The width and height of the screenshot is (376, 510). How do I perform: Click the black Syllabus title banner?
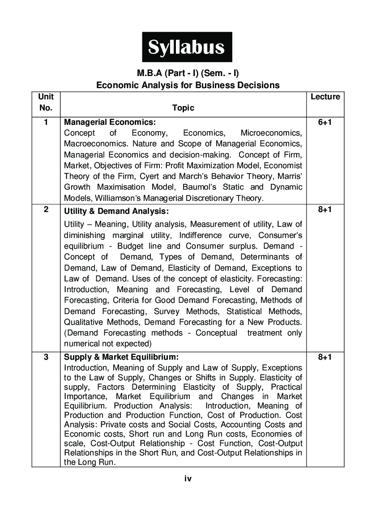(x=187, y=47)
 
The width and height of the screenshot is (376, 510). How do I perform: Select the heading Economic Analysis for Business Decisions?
(x=188, y=85)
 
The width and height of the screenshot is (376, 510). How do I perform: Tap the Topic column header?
(x=183, y=108)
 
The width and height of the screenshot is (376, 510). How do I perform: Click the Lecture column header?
(x=325, y=97)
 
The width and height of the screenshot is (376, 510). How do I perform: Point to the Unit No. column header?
(x=46, y=102)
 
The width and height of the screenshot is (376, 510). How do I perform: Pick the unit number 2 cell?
(x=46, y=209)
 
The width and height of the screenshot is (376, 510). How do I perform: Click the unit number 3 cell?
(x=46, y=357)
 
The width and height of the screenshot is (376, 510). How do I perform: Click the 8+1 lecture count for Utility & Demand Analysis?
(x=325, y=209)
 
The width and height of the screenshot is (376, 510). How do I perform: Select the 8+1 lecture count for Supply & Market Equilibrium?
(x=325, y=357)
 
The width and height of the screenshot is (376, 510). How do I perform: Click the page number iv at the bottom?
(x=188, y=479)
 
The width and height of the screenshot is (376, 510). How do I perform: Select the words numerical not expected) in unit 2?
(x=108, y=344)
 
